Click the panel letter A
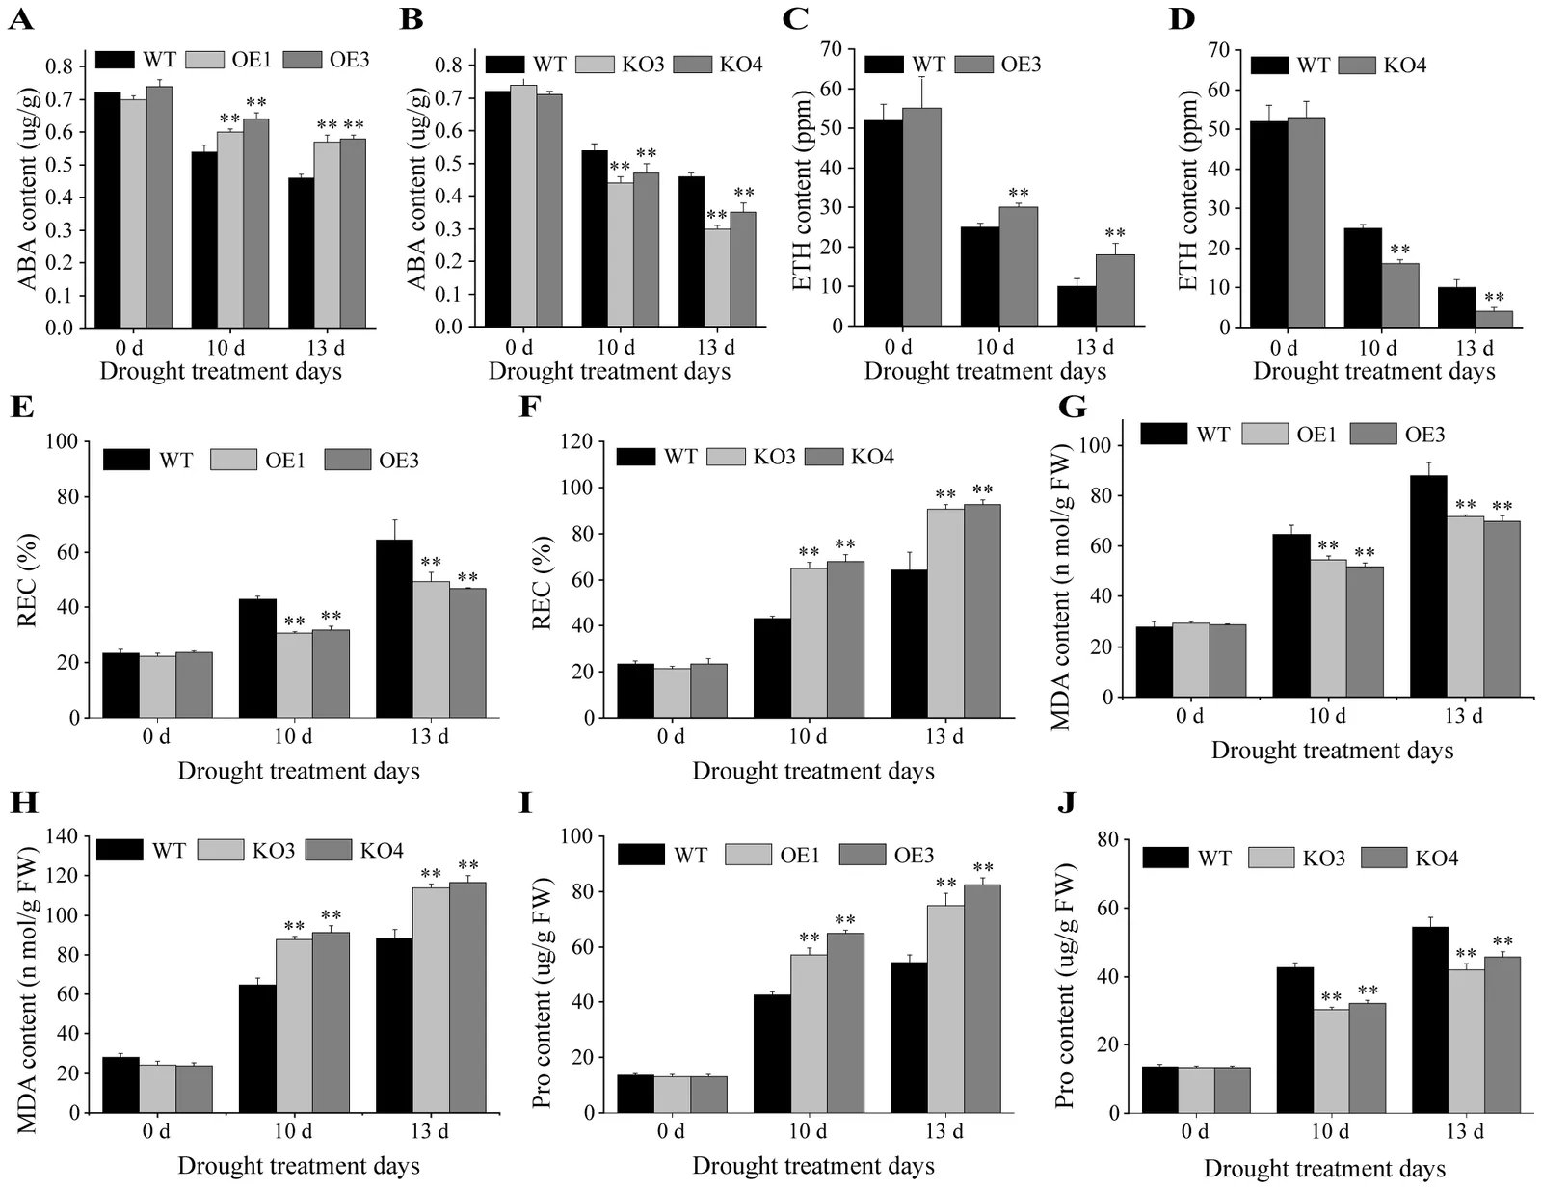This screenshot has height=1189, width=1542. coord(21,20)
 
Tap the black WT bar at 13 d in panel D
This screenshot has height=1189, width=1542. coord(1456,307)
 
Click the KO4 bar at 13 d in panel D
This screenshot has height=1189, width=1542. coord(1494,319)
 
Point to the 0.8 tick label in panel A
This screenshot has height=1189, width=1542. coord(60,66)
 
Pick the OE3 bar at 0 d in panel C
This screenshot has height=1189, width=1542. coord(921,217)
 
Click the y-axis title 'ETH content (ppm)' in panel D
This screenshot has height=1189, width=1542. coord(1186,193)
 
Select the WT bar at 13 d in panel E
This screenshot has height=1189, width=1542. coord(394,628)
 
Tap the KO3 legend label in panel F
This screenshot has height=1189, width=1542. coord(774,456)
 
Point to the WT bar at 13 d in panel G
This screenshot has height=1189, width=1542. coord(1428,586)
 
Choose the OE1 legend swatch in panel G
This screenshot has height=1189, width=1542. coord(1264,434)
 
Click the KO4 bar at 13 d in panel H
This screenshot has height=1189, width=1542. coord(467,996)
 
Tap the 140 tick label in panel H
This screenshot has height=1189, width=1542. coord(64,836)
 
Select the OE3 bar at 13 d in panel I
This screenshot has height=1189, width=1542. coord(982,998)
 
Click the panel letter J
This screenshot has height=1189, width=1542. coord(1067,803)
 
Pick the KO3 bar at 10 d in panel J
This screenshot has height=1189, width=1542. coord(1331,1061)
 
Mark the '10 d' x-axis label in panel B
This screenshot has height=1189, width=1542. coord(616,347)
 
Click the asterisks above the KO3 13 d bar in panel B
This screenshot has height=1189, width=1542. coord(717,215)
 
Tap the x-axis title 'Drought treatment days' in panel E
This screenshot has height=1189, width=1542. coord(299,771)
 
